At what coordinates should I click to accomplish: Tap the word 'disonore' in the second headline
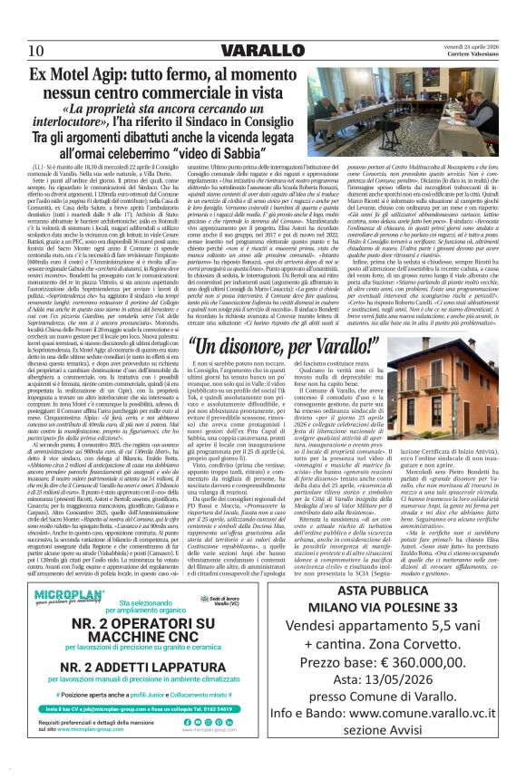pyautogui.click(x=237, y=347)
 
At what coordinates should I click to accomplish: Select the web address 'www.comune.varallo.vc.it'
pyautogui.click(x=440, y=716)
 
